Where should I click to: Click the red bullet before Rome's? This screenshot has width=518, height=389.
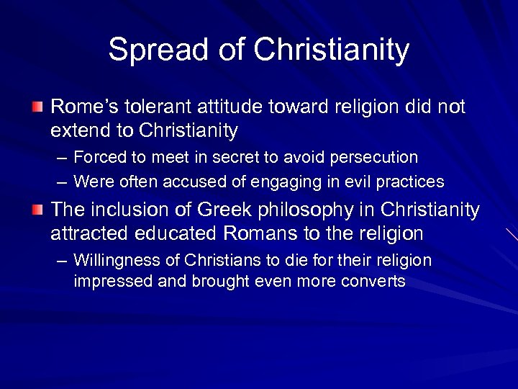[x=37, y=107]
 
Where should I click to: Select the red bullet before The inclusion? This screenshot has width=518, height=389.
[x=37, y=210]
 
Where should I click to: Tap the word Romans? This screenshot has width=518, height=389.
[x=256, y=233]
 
